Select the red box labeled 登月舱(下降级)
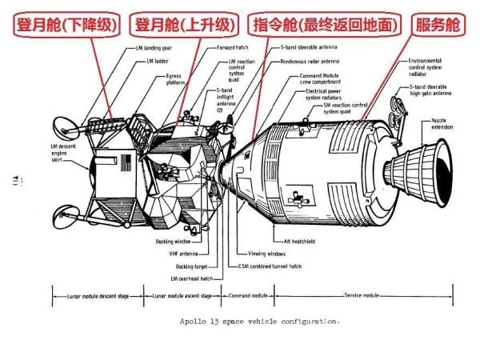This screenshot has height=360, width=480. coord(63,26)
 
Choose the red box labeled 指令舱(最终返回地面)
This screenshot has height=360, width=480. coord(325,26)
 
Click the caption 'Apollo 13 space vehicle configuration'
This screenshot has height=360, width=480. coord(262,322)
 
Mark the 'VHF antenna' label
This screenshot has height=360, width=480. coord(183,253)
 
